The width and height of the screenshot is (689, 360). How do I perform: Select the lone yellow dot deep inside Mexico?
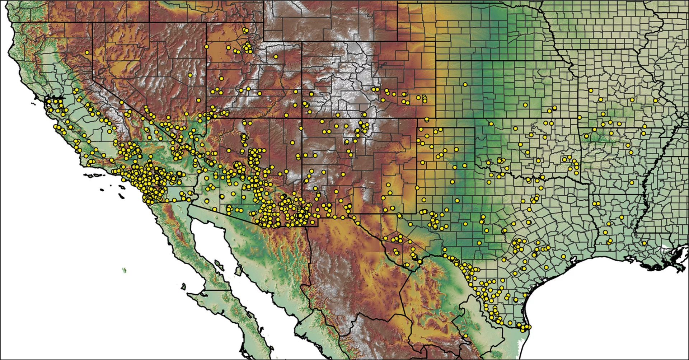tap(465, 336)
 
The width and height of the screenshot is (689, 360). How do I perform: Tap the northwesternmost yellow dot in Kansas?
tap(465, 85)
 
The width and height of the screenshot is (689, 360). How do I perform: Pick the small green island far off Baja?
tap(125, 270)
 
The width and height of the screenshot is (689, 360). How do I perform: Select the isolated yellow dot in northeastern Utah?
tap(276, 56)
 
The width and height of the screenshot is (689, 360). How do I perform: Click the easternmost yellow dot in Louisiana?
tap(644, 243)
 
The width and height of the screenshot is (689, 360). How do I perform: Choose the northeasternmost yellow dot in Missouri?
tap(655, 100)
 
